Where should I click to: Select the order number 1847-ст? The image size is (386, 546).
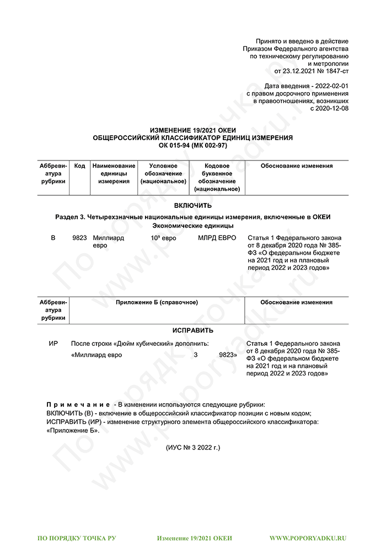point(336,71)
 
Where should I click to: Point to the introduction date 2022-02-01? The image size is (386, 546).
point(330,87)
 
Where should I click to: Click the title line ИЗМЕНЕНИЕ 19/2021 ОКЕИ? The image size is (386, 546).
point(193,130)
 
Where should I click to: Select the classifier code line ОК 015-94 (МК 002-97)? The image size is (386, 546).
point(193,144)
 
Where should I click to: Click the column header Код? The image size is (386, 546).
point(80,166)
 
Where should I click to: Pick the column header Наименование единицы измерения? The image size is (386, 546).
point(114,174)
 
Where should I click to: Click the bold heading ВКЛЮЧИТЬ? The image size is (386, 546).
point(193,205)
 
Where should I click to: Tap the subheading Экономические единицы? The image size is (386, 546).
point(193,226)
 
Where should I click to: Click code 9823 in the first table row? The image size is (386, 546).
point(80,238)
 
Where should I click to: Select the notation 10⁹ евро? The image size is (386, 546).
point(163,238)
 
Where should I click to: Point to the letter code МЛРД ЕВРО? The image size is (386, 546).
point(217,238)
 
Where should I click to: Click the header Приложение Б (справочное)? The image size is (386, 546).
point(157,302)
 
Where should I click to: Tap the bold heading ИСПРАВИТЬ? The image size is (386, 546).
point(193,330)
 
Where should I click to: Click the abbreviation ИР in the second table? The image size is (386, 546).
point(53,343)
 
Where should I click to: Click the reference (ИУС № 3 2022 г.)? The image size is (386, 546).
point(193,447)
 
